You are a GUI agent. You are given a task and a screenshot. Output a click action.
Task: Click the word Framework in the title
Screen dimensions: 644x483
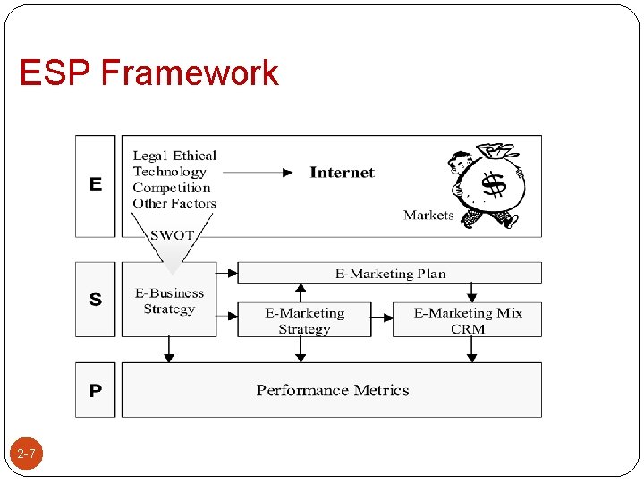(x=190, y=72)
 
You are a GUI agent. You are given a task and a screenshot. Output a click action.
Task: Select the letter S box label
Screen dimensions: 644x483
(x=96, y=300)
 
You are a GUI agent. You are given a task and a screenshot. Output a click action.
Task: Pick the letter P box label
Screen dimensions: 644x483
(x=96, y=390)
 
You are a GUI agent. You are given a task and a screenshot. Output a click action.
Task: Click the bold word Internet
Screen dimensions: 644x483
(x=342, y=173)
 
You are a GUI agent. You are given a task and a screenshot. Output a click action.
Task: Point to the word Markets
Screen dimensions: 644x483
(x=428, y=215)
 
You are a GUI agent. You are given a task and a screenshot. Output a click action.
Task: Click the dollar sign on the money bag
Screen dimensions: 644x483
(x=494, y=185)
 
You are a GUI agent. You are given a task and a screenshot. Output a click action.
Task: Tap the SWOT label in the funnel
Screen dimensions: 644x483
(x=172, y=235)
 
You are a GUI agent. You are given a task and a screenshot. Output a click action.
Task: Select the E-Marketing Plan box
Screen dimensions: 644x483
(x=389, y=273)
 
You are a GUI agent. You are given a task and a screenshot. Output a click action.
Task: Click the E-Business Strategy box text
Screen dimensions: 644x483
(x=169, y=301)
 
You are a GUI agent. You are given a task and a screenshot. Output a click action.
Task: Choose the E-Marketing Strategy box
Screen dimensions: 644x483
(x=304, y=319)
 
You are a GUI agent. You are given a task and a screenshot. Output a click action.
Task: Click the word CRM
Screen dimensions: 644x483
(x=468, y=329)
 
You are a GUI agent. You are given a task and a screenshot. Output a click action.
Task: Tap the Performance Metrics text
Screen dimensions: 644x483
(x=333, y=390)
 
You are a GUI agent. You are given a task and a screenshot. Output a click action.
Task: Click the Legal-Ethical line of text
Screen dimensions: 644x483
(x=174, y=156)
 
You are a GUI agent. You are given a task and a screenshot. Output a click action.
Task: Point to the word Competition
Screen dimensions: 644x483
(x=171, y=188)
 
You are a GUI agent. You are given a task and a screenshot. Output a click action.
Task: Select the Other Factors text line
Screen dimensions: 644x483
(x=174, y=203)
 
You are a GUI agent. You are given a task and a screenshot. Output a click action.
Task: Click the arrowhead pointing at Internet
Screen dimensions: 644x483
(x=287, y=173)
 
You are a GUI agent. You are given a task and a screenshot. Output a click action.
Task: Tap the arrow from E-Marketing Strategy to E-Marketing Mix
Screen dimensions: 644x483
(x=382, y=318)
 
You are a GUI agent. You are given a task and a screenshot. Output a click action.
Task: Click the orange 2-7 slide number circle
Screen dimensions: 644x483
(x=26, y=453)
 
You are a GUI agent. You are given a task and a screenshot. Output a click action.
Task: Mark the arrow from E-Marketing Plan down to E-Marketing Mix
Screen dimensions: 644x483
(x=471, y=292)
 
